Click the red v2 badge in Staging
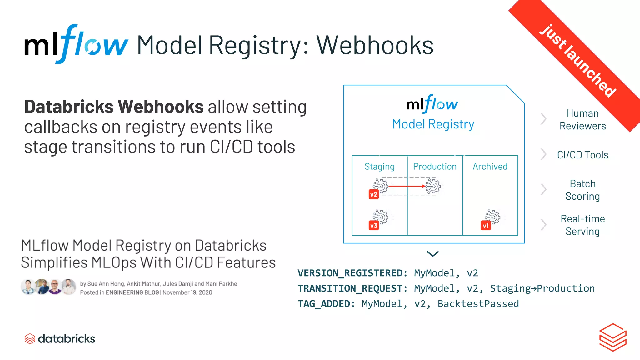pos(374,195)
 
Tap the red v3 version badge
pos(374,226)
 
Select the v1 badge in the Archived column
pos(486,226)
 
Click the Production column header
pos(435,167)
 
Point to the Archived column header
pos(490,167)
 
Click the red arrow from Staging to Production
pos(406,186)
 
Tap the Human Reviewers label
pos(582,120)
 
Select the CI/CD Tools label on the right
pos(582,155)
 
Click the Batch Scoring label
pos(582,190)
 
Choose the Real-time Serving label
pos(582,225)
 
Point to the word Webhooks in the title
pos(375,45)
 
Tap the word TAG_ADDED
pos(326,304)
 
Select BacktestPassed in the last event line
pos(478,304)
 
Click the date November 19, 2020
pos(187,292)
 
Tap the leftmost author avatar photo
pos(28,287)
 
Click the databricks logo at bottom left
pos(60,339)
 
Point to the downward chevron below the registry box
pos(433,253)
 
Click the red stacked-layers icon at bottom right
pos(613,337)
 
